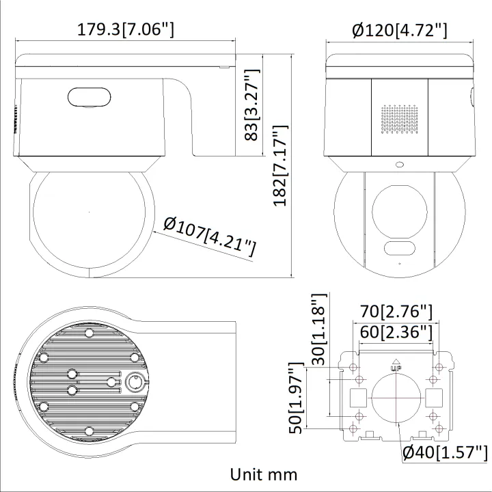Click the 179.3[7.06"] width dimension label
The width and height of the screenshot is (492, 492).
click(125, 29)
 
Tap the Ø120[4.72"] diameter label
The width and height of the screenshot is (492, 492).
click(399, 30)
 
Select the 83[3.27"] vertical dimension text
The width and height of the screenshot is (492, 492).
click(251, 105)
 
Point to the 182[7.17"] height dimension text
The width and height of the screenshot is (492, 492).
click(280, 165)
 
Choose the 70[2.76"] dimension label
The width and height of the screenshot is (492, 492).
click(396, 312)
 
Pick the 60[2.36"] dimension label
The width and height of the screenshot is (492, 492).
click(396, 332)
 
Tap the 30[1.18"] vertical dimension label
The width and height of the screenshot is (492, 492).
click(319, 329)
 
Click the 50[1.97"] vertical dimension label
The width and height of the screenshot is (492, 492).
click(296, 398)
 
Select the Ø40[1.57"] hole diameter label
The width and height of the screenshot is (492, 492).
click(446, 452)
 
